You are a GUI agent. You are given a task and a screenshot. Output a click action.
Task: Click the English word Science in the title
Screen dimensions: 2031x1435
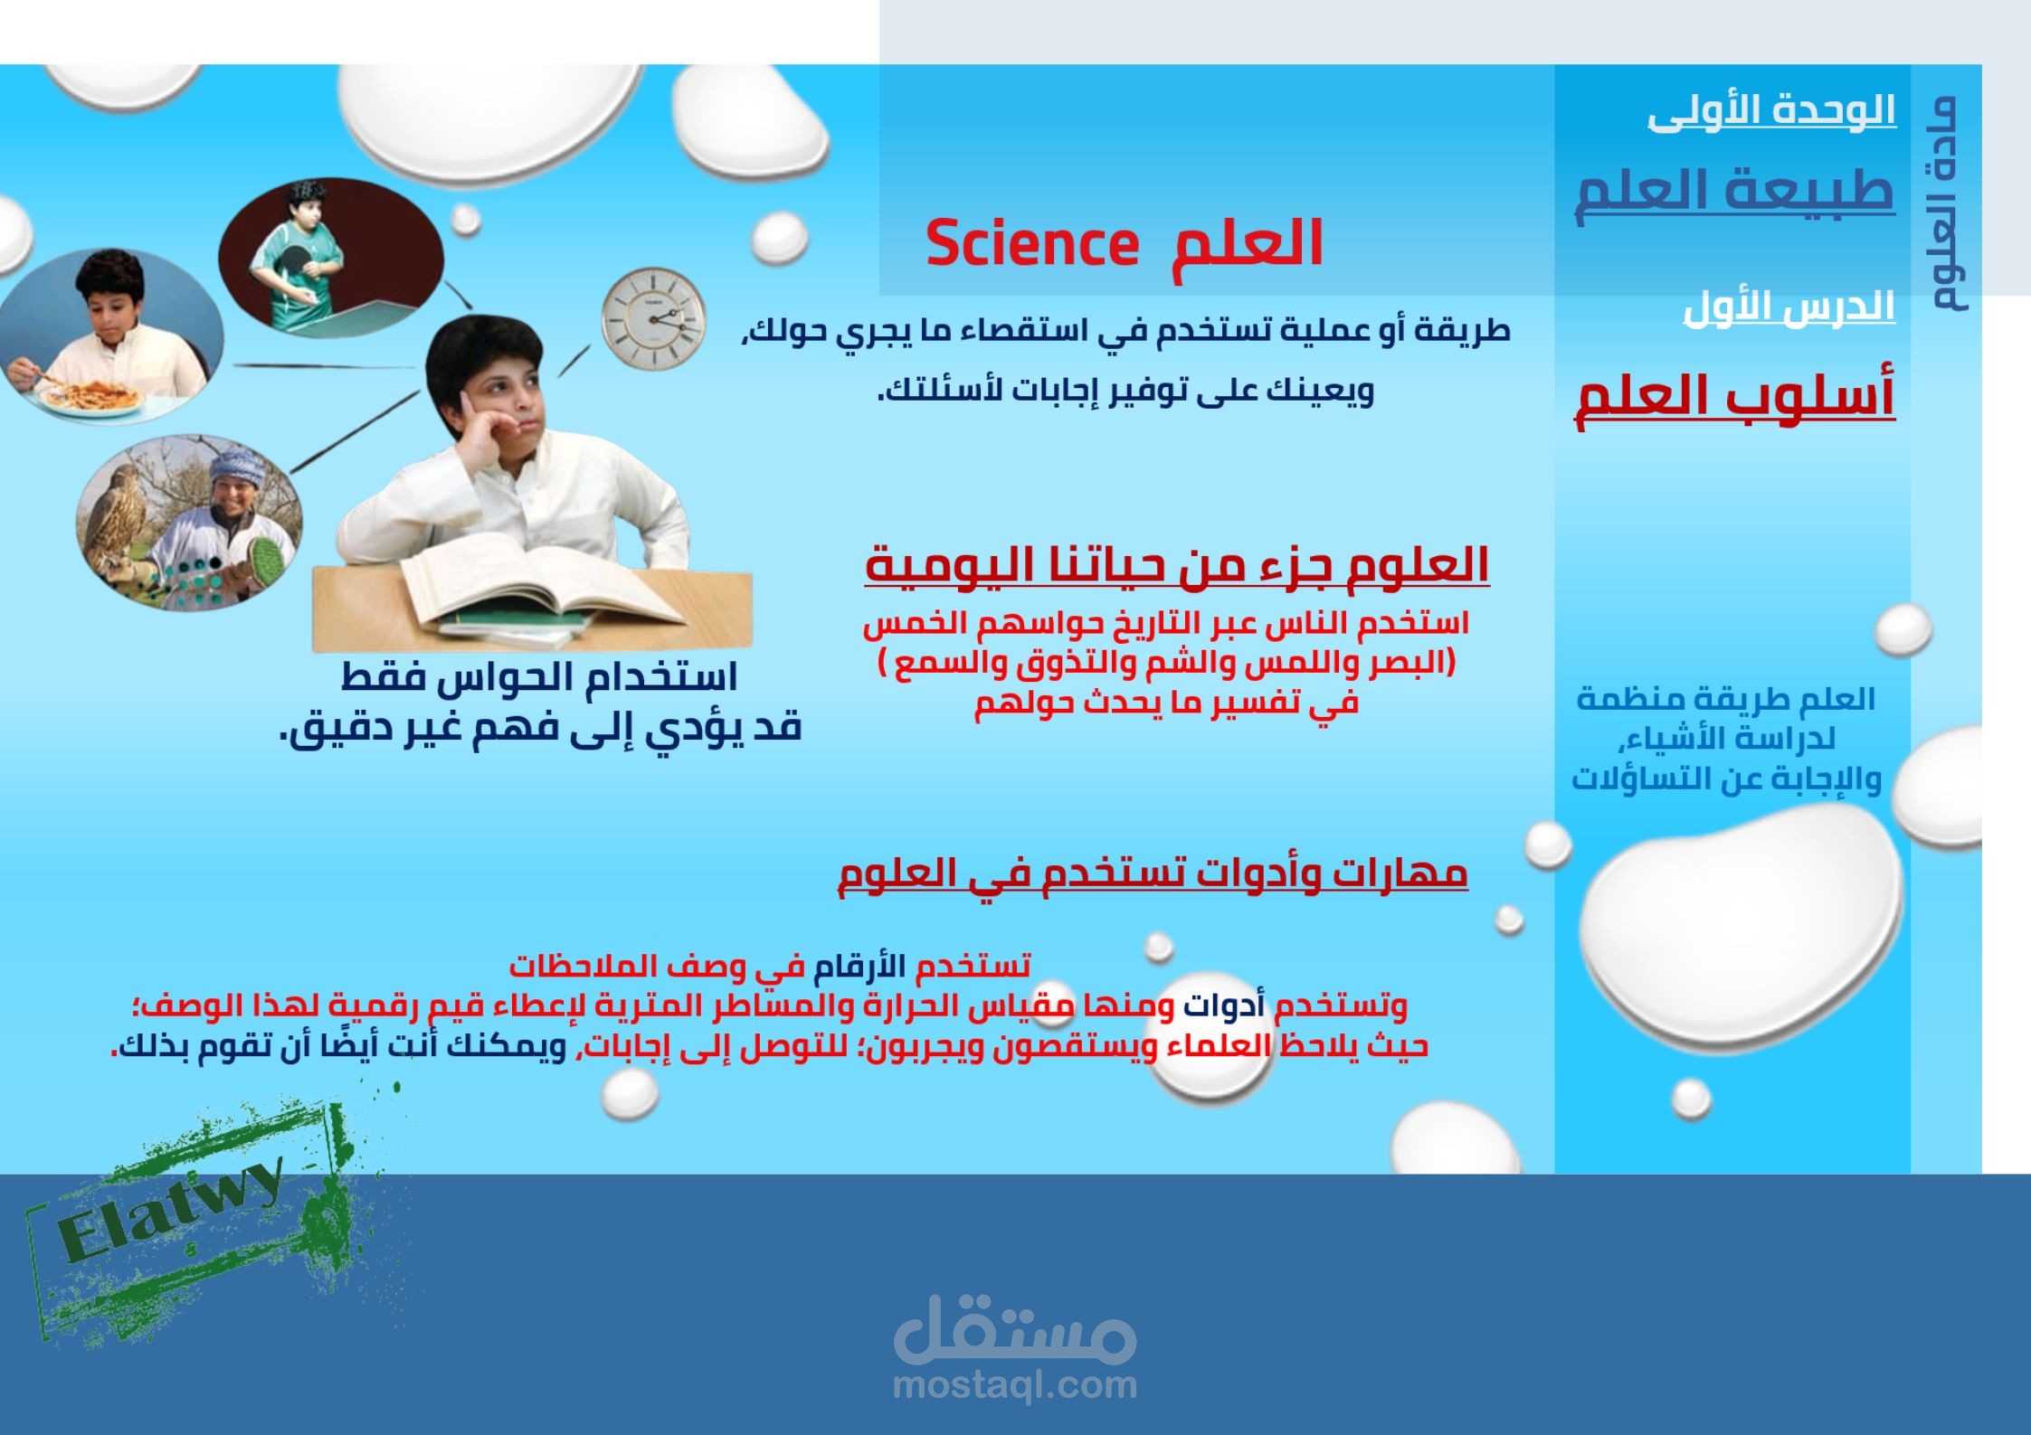1031,244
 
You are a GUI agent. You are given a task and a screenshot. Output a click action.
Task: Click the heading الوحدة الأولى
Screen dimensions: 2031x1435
1771,113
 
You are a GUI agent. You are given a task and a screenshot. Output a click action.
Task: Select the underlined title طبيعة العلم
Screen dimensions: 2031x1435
1735,192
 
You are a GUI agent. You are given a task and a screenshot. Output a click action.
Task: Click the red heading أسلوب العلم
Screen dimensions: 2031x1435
1735,398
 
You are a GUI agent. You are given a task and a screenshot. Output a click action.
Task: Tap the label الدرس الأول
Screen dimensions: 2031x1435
1789,307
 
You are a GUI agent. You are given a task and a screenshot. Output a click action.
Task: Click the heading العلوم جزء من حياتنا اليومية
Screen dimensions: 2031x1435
1177,566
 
